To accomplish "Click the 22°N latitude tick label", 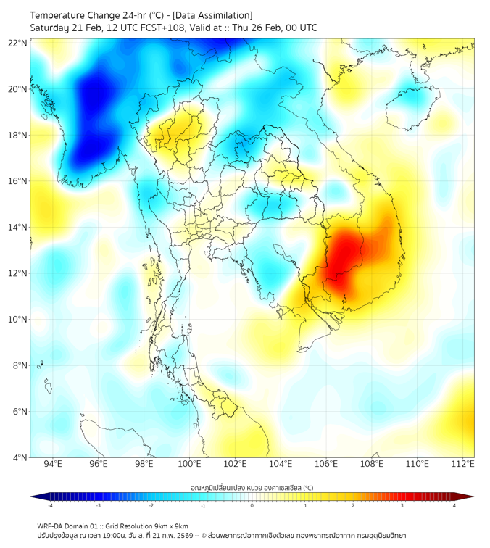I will click(x=18, y=43).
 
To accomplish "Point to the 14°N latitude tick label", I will click(x=18, y=228).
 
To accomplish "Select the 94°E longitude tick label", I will click(x=53, y=464).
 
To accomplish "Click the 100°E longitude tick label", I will click(x=190, y=464).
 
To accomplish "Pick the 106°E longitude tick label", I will click(x=326, y=464).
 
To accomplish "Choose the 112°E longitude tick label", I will click(x=463, y=464).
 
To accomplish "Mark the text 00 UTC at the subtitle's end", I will click(x=301, y=28).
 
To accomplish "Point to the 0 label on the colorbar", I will click(x=252, y=505).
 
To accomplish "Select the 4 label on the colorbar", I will click(x=454, y=505).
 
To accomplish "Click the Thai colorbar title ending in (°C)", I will click(x=252, y=487).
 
